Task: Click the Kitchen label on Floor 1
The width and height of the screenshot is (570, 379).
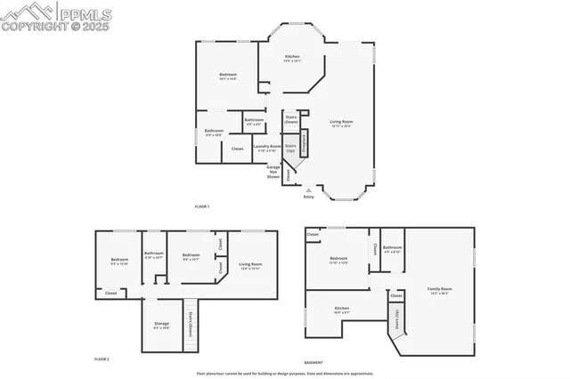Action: [x=292, y=58]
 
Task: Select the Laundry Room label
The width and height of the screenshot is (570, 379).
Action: [x=267, y=148]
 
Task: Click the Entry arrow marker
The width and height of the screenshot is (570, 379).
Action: [x=308, y=189]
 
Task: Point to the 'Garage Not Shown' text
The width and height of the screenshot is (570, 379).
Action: [x=273, y=172]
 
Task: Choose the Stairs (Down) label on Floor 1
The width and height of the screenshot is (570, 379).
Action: [x=291, y=118]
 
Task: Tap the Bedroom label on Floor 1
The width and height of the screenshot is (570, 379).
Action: [x=227, y=76]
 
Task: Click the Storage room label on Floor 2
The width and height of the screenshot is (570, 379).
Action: [x=161, y=326]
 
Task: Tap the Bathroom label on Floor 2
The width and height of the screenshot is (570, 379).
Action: [x=154, y=254]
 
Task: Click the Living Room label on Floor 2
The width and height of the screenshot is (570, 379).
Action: [x=250, y=265]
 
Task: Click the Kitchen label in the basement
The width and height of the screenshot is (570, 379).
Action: [x=341, y=311]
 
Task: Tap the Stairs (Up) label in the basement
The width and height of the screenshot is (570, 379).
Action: [x=396, y=318]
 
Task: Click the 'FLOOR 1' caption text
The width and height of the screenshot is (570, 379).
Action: [x=202, y=206]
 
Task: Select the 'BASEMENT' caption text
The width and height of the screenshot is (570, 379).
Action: [x=313, y=362]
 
